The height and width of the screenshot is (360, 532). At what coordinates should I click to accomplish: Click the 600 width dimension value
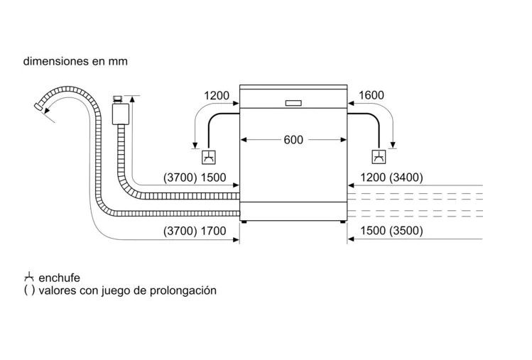293,139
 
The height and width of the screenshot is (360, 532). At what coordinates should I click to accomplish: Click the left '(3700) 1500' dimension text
195,178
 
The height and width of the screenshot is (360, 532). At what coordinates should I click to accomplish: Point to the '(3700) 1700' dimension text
195,231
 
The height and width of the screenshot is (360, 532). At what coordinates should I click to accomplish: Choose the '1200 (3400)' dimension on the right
391,178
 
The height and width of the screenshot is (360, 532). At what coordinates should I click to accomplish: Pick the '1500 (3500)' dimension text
391,231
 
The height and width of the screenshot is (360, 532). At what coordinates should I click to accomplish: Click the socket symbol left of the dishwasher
210,157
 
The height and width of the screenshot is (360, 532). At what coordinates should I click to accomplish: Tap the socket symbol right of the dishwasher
379,157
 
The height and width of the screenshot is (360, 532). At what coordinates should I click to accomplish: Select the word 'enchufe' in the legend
60,278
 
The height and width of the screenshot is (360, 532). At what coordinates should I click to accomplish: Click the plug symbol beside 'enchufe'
28,277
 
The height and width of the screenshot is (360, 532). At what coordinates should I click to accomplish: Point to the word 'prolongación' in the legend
185,290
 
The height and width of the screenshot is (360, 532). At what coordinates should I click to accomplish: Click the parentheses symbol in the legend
28,290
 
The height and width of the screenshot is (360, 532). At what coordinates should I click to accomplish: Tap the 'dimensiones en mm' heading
75,61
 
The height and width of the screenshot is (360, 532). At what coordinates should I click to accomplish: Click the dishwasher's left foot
245,222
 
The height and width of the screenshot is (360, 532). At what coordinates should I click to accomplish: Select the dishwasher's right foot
342,222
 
